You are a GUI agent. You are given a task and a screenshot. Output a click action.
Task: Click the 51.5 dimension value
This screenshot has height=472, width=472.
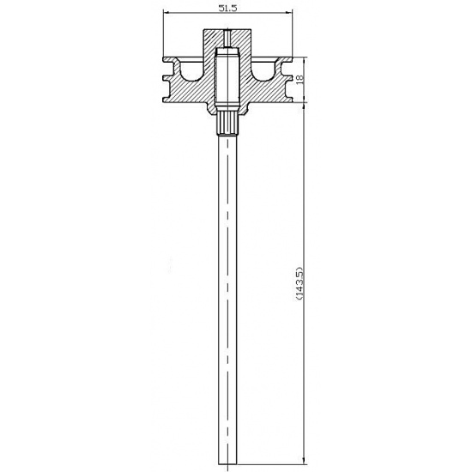227,8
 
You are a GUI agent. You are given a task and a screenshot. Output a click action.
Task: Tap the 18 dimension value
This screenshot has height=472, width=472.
300,78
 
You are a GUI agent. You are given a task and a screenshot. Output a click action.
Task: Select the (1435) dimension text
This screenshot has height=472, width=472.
300,283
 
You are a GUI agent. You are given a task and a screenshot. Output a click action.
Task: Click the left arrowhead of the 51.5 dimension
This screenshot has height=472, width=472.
166,13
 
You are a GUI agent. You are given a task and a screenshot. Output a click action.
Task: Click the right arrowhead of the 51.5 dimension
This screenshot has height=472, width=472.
288,13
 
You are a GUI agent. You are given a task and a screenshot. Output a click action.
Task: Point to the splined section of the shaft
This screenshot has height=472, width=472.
227,124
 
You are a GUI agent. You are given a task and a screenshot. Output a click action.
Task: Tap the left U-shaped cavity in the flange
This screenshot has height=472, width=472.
191,71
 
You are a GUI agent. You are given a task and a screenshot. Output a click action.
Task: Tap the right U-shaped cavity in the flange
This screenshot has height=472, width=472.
263,71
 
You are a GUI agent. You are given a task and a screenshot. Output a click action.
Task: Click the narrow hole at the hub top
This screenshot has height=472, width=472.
227,39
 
